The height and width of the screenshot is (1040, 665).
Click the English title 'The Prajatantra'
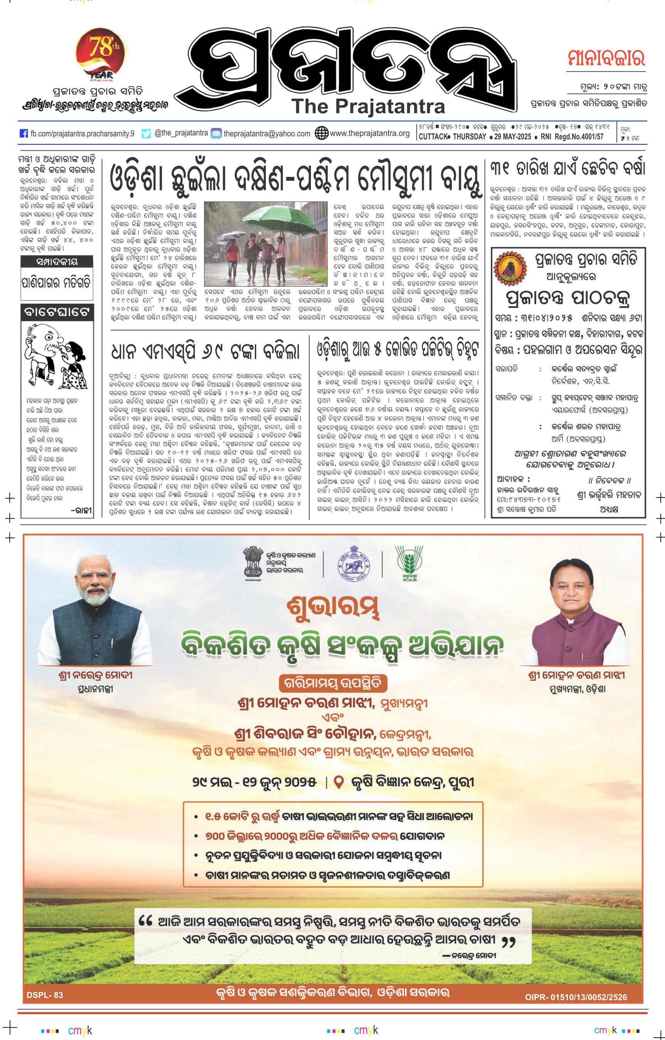click(368, 106)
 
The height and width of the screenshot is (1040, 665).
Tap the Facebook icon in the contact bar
click(24, 133)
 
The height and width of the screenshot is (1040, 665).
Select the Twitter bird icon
click(146, 133)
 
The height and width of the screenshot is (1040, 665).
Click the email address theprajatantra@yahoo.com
click(267, 134)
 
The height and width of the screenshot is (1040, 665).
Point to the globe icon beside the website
click(321, 133)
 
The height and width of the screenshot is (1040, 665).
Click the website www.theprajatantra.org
click(369, 133)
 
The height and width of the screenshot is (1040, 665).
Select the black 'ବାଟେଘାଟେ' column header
click(57, 312)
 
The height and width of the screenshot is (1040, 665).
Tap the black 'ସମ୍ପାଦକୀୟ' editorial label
click(57, 261)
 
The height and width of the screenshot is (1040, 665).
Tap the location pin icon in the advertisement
click(339, 781)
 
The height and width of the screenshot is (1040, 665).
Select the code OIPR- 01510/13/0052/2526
click(576, 997)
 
